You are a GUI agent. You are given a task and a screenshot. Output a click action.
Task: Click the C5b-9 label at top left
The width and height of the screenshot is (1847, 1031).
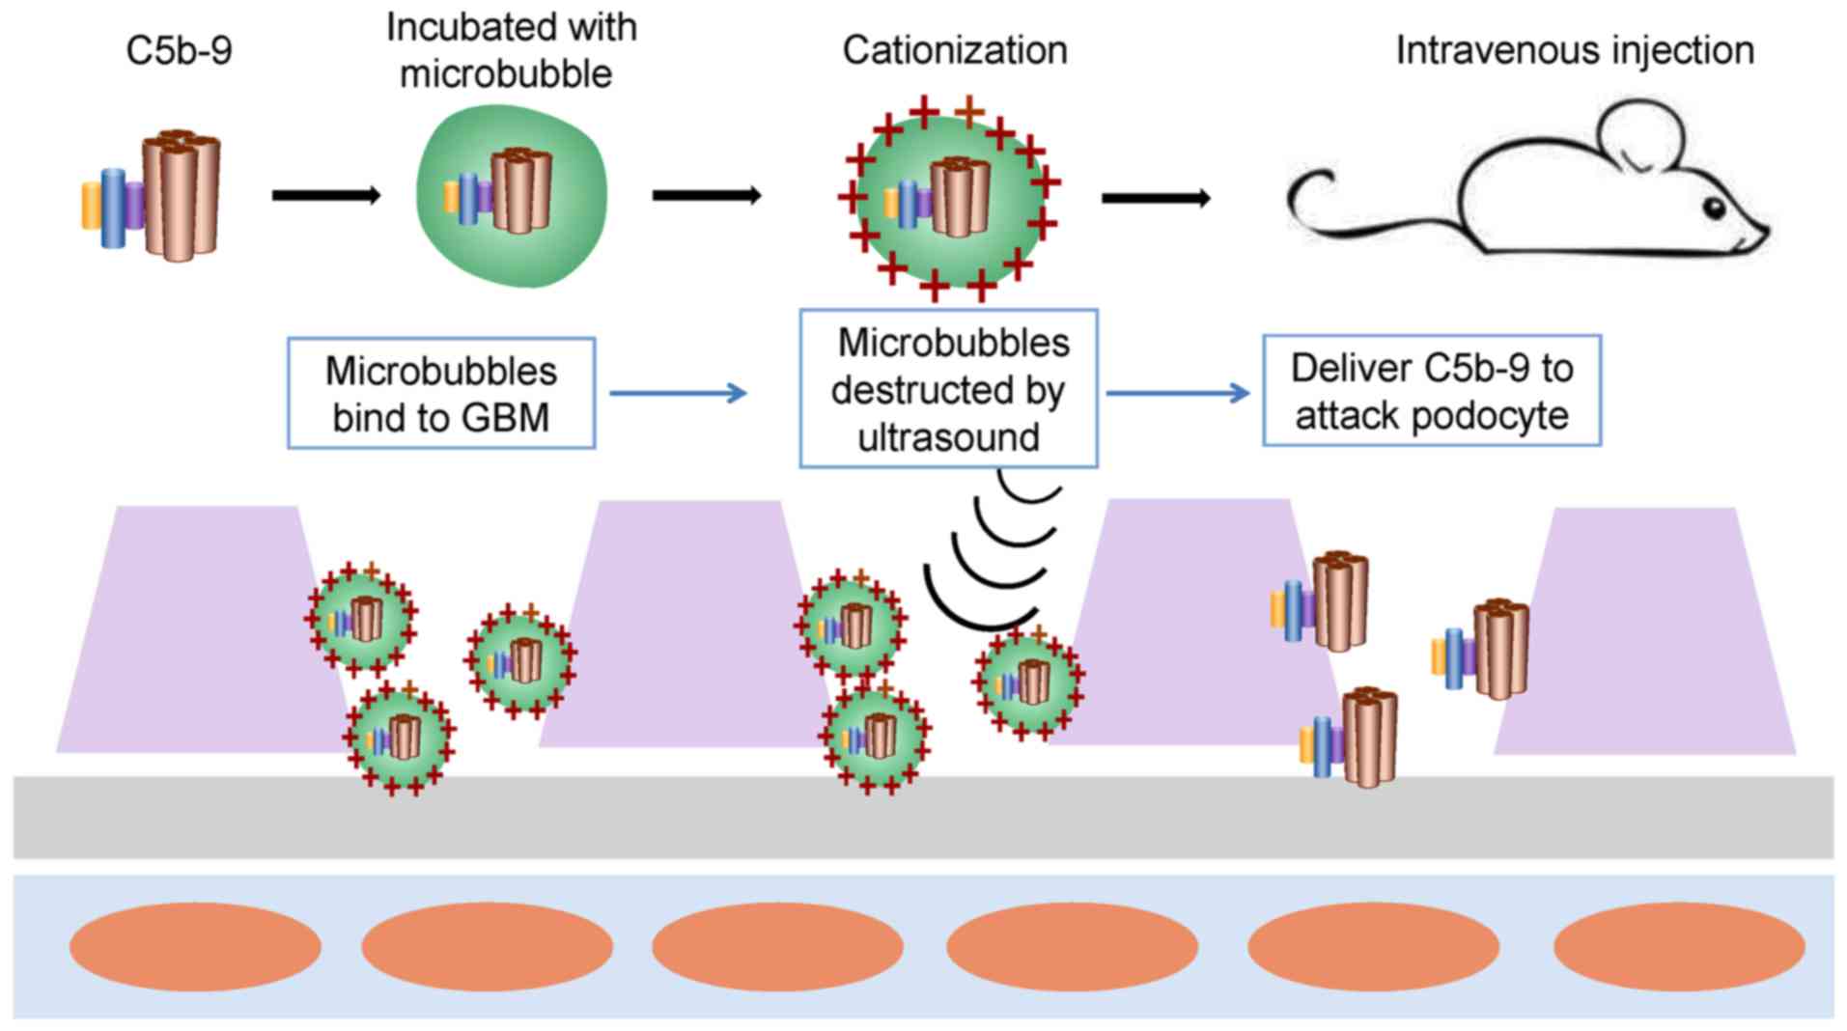[179, 51]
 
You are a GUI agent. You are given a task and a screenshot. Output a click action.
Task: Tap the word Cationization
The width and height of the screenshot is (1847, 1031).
[954, 51]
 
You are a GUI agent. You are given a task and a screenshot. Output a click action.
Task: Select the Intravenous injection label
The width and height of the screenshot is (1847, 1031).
[1574, 51]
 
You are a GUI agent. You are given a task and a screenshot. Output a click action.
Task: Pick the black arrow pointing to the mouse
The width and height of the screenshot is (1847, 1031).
[1155, 199]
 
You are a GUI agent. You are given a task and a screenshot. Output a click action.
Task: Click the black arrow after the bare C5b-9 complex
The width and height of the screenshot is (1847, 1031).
[325, 196]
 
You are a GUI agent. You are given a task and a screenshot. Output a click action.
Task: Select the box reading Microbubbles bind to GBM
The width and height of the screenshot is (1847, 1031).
[441, 394]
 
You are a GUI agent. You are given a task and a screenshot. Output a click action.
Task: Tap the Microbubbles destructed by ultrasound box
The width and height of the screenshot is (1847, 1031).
[948, 389]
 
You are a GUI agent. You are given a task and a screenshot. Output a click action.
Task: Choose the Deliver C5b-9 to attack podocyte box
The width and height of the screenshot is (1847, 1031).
[1431, 391]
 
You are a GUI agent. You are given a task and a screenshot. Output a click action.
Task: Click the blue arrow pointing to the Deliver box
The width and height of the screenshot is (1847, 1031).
[1177, 393]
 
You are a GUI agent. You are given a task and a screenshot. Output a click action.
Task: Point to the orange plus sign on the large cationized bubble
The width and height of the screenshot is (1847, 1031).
[968, 112]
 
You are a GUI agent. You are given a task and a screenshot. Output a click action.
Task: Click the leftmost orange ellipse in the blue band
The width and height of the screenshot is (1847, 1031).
[195, 946]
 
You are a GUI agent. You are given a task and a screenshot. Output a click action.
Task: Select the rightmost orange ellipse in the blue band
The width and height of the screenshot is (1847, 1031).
[1678, 946]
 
